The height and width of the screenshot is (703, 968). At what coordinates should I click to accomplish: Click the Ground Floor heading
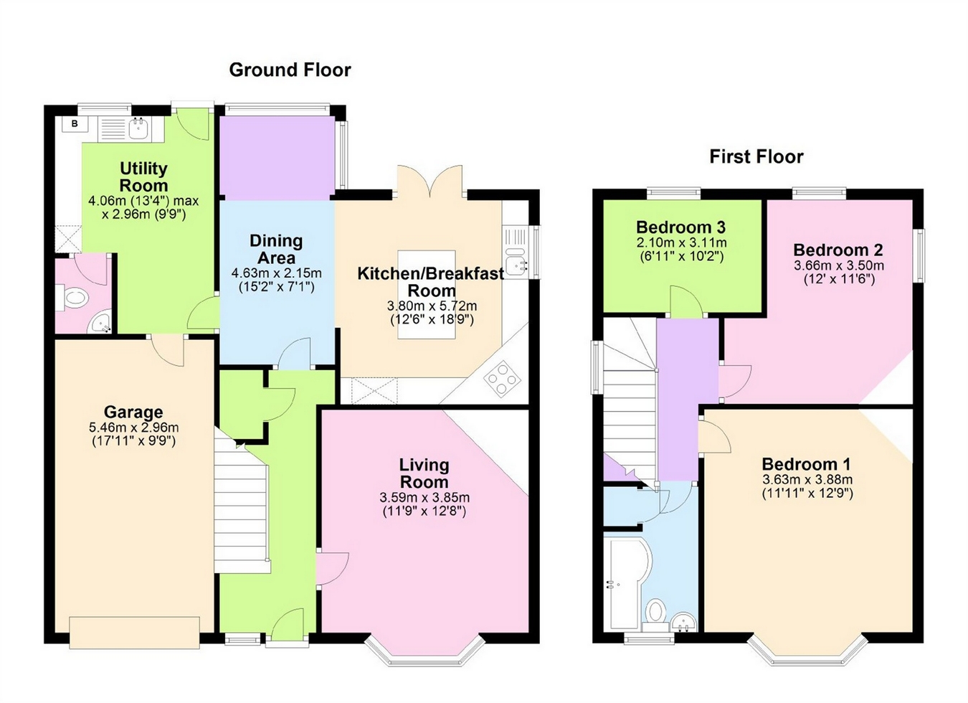(290, 70)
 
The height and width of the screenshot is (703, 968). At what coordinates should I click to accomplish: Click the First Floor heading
(756, 156)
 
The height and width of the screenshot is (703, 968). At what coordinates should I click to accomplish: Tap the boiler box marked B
(74, 124)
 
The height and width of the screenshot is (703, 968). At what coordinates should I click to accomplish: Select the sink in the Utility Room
(138, 128)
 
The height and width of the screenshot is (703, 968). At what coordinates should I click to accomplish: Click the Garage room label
(133, 412)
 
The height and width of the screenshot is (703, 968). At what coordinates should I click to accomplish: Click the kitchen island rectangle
(427, 293)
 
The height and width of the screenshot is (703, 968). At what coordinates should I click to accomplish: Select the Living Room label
(424, 473)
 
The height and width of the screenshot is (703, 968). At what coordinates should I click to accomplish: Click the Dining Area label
(276, 249)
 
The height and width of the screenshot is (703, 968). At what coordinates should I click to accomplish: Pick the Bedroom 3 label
(680, 227)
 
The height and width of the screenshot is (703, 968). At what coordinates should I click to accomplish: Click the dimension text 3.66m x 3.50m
(838, 265)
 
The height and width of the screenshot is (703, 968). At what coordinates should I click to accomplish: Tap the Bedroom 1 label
(807, 463)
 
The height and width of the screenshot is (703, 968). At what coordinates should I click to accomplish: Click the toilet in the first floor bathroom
(655, 613)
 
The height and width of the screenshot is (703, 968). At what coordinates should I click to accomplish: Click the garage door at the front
(134, 632)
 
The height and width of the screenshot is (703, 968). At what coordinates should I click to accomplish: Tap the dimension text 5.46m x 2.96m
(133, 428)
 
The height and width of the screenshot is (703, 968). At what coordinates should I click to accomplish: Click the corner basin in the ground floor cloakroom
(101, 324)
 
